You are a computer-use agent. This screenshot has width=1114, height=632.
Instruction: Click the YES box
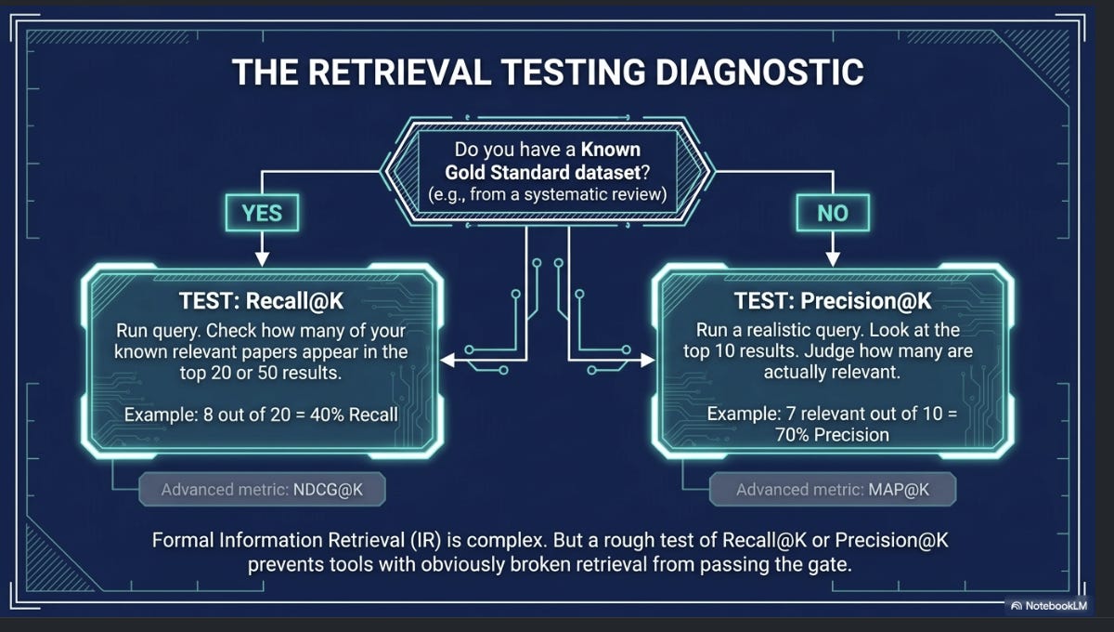pos(262,213)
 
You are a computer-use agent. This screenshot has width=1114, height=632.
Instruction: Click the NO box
pos(833,213)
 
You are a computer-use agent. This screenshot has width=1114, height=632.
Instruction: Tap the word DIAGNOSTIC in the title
pos(759,72)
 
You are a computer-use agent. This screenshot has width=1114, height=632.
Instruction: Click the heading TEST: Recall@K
pos(261,301)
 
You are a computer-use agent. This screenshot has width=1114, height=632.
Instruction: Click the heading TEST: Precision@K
pos(833,301)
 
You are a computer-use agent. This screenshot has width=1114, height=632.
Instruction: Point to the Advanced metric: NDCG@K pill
pos(262,490)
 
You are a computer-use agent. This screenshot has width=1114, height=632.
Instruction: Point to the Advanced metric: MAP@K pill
pos(833,490)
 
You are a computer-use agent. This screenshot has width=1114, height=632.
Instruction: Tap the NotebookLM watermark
pos(1049,606)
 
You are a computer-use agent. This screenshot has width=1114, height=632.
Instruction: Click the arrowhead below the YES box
pos(262,258)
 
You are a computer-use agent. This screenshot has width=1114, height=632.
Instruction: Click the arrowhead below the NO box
pos(833,258)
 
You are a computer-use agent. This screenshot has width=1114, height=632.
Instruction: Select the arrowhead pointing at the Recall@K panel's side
pos(447,360)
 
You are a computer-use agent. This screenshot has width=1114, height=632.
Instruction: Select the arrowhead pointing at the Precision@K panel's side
pos(648,360)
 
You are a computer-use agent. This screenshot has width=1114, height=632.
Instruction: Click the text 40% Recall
pos(354,415)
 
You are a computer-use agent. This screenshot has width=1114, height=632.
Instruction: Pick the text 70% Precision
pos(832,435)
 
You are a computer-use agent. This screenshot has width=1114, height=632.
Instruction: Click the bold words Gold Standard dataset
pos(542,172)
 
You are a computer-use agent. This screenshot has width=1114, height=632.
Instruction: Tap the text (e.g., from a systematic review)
pos(547,194)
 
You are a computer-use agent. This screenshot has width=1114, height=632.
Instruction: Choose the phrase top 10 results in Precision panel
pos(741,351)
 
